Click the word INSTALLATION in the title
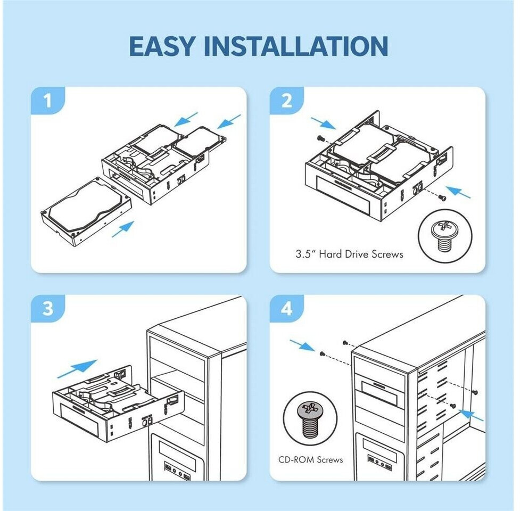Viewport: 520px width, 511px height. [x=296, y=46]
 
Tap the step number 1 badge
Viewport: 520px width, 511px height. [x=48, y=101]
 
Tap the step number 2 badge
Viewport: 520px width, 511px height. [x=287, y=101]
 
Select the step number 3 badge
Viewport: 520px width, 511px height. [x=48, y=309]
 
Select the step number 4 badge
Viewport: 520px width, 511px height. [x=287, y=309]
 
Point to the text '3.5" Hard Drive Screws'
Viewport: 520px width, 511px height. [x=349, y=254]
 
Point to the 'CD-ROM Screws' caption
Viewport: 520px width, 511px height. [x=311, y=459]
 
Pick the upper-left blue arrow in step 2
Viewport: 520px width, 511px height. [x=323, y=124]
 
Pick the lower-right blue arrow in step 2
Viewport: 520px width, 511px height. [x=458, y=192]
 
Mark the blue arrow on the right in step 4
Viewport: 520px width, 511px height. [x=471, y=414]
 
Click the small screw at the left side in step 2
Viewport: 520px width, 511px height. [x=320, y=138]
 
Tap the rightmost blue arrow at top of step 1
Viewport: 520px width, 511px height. [x=228, y=122]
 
